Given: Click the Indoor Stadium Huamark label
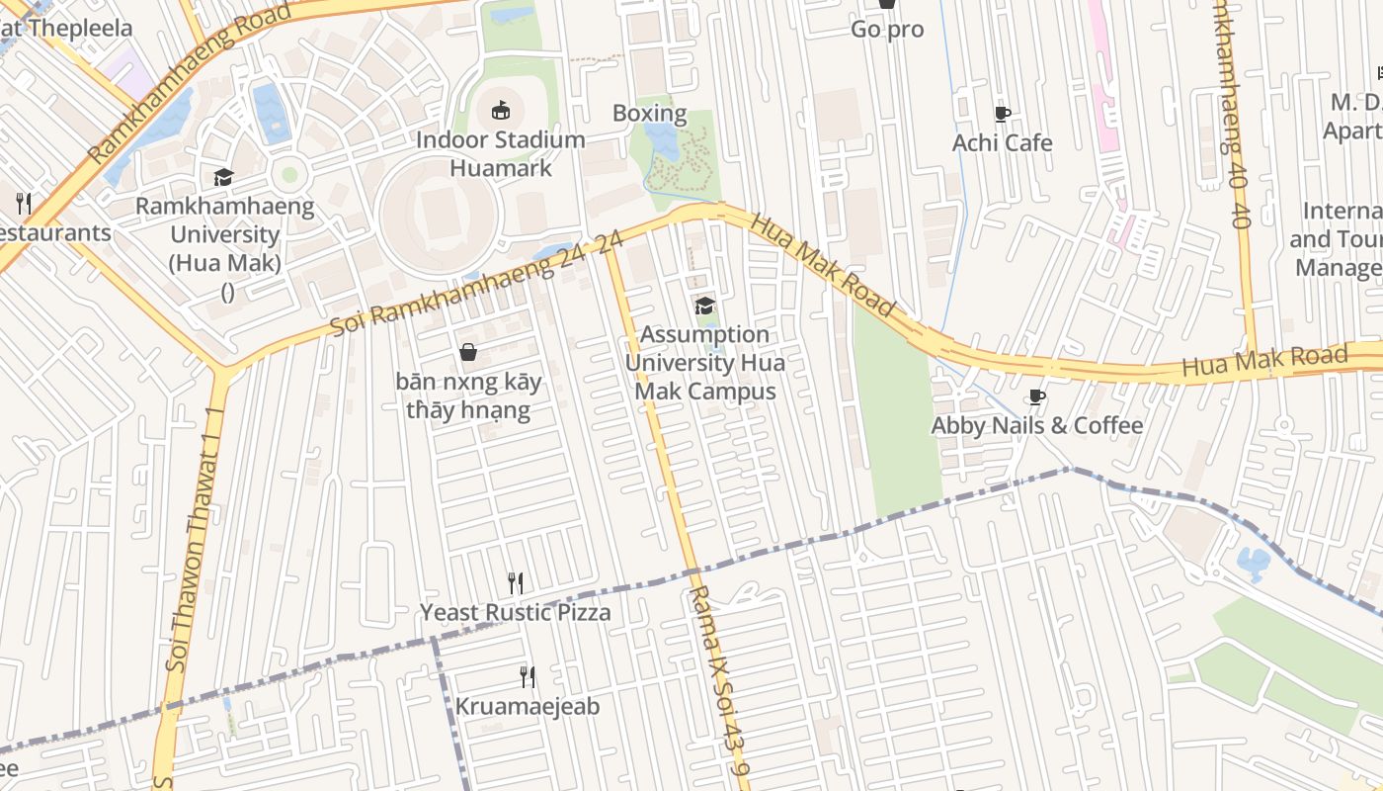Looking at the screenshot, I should [x=500, y=153].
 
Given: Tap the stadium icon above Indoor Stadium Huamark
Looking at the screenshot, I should [x=500, y=110].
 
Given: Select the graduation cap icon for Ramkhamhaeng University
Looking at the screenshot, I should [x=224, y=177].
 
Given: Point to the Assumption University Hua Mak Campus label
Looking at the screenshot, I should [x=704, y=363].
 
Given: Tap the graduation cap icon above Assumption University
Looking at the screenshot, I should [x=704, y=305].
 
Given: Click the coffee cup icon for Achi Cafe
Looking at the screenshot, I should [x=1002, y=114].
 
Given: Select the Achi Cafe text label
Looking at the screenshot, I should [x=1002, y=143].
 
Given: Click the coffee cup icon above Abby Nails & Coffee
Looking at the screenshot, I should [x=1036, y=396].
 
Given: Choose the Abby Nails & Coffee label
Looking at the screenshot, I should [x=1036, y=426].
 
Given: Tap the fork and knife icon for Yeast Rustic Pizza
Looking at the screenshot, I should [x=515, y=582].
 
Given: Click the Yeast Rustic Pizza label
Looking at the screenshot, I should [x=515, y=613].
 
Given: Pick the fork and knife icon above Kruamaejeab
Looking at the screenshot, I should [x=528, y=676].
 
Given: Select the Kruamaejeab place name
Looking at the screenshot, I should [x=528, y=707].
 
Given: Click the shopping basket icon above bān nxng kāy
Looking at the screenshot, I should [x=468, y=352].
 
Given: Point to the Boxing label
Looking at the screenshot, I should [x=649, y=113].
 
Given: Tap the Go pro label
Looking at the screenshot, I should [x=887, y=30].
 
